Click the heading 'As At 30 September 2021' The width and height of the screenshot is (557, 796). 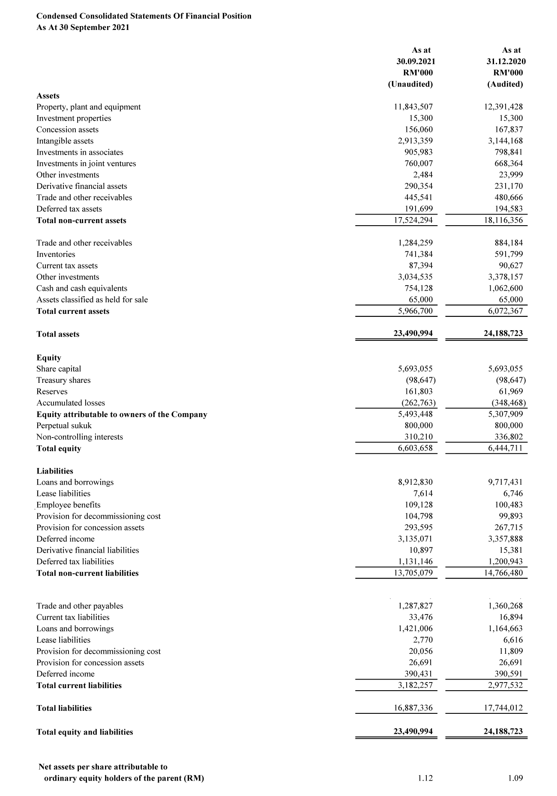click(x=83, y=27)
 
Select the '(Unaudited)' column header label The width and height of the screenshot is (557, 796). click(x=410, y=84)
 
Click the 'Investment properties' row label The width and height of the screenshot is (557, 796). click(x=74, y=118)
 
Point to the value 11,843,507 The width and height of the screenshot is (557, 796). click(x=413, y=107)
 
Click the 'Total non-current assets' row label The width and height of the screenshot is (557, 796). click(x=81, y=221)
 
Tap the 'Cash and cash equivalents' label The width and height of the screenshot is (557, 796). click(x=82, y=288)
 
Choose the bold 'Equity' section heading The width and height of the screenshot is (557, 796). click(x=49, y=358)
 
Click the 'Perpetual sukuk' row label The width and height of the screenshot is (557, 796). click(x=64, y=426)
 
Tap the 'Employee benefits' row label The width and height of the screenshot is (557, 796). click(x=69, y=505)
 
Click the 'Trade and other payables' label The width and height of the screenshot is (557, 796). click(x=80, y=606)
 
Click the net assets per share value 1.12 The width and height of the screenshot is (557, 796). click(x=425, y=778)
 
